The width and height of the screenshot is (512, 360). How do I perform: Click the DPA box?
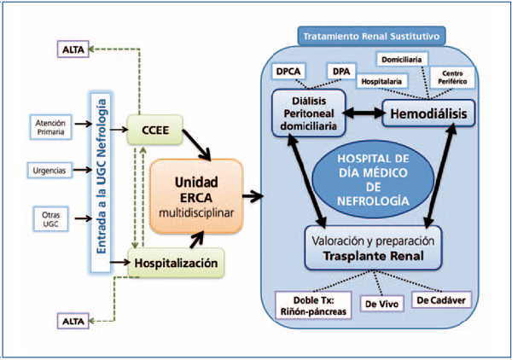tap(340, 71)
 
